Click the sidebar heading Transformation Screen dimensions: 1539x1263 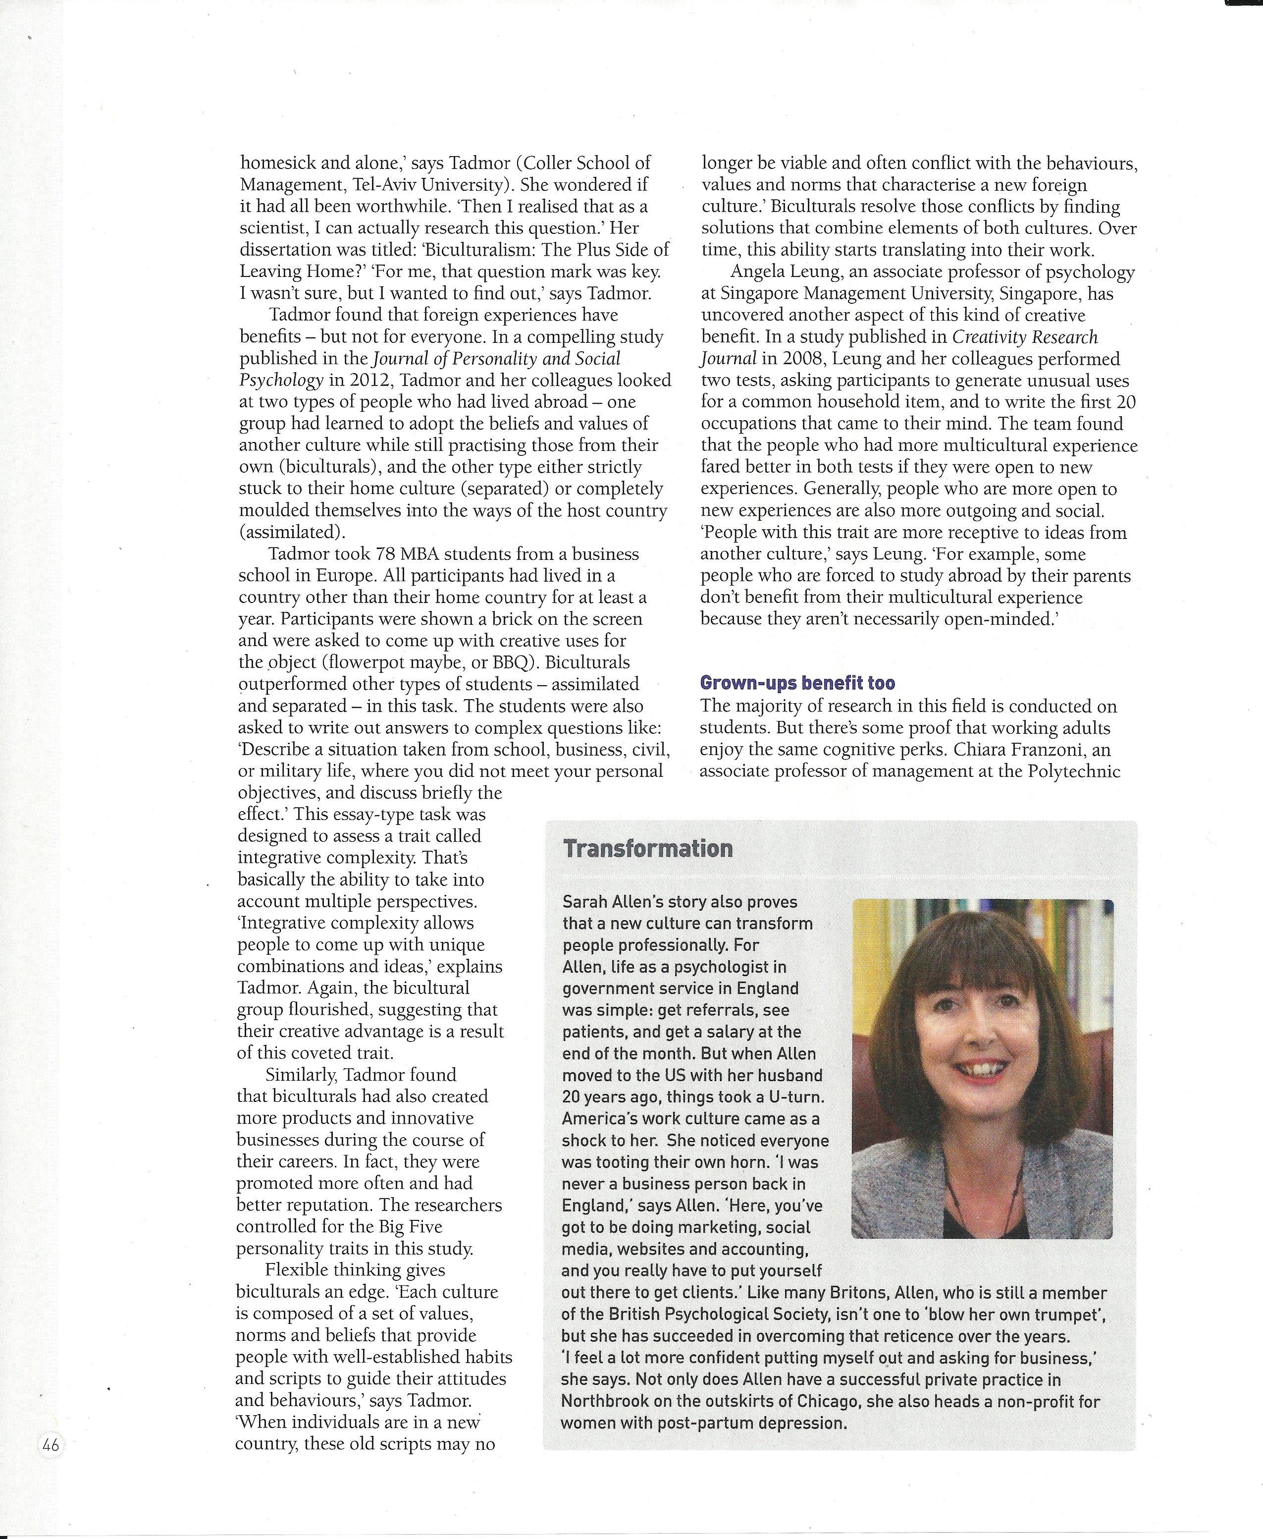pyautogui.click(x=647, y=848)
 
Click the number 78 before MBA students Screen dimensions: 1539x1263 pyautogui.click(x=386, y=554)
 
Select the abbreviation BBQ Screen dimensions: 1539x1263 pyautogui.click(x=588, y=662)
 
